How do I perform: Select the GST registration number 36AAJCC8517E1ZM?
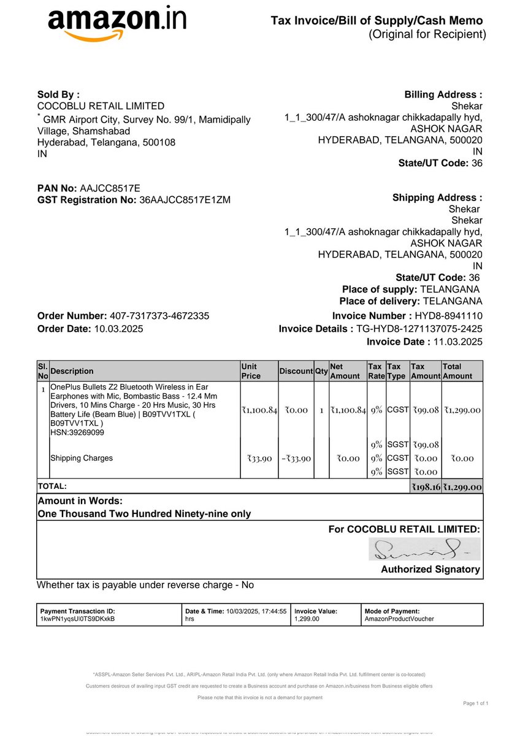[185, 199]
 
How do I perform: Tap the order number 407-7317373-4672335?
[159, 316]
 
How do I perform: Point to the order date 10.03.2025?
[118, 328]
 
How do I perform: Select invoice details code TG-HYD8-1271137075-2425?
[419, 329]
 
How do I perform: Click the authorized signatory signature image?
[424, 549]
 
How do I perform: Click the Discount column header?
[296, 371]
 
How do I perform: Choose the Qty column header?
[321, 371]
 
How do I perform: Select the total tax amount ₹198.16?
[426, 486]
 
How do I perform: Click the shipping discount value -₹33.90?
[296, 458]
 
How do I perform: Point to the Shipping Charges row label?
[82, 458]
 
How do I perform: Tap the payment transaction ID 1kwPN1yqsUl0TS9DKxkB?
[77, 619]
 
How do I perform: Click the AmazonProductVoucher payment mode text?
[399, 619]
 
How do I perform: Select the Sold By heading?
[58, 94]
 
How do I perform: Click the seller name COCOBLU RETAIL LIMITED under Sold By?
[101, 106]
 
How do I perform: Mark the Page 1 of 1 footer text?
[476, 703]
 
